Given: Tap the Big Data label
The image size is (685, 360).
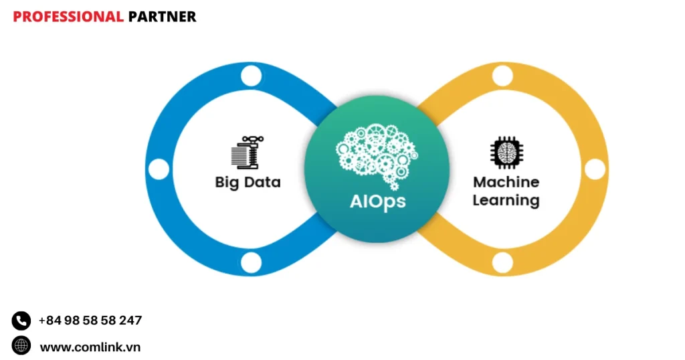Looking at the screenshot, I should tap(248, 181).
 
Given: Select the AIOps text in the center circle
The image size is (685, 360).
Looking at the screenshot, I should tap(377, 201).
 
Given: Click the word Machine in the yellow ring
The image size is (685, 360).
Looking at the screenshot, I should tap(506, 181).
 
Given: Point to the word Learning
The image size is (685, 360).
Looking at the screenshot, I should tap(506, 199).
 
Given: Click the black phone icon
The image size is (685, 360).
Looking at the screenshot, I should tap(21, 321).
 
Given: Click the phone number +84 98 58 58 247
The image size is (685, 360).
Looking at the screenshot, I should tap(90, 321).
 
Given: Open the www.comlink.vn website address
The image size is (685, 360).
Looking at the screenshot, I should tap(90, 347).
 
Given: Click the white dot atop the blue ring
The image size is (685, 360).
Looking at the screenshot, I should tap(251, 76).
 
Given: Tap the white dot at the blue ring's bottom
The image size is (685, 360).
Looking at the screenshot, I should tap(251, 263).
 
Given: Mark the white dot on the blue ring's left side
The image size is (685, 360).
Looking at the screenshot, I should tap(159, 169).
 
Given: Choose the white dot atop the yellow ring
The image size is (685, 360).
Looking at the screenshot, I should tap(502, 76).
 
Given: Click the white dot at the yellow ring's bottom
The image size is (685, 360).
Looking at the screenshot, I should tap(502, 263).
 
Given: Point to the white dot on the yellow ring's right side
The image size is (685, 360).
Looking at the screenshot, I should tap(594, 169).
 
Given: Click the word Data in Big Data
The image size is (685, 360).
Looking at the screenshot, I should tap(262, 181).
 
